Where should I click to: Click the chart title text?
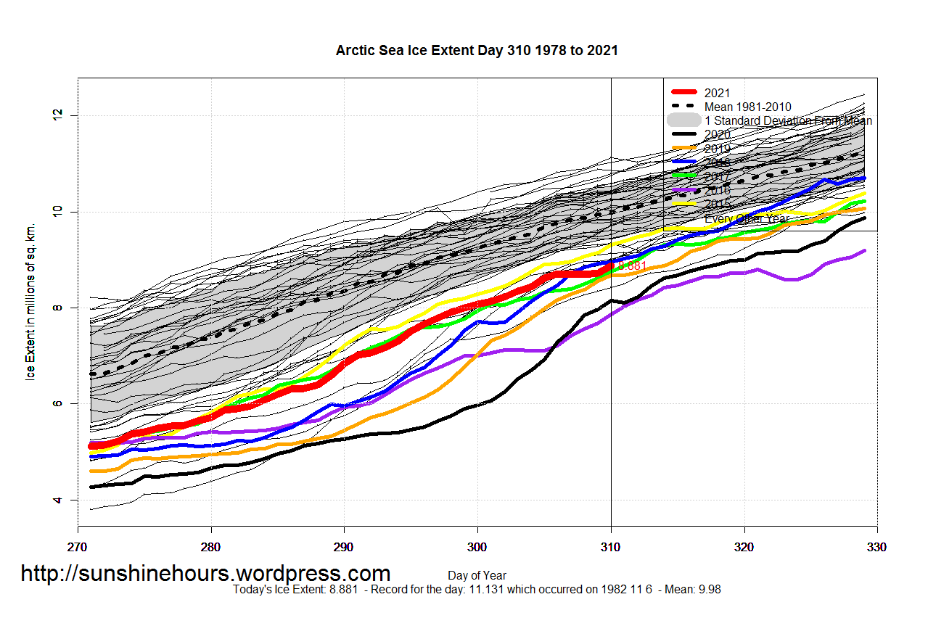[477, 50]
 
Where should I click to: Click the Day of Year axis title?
[477, 576]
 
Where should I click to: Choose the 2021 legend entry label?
[717, 93]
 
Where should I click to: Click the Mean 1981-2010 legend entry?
[747, 107]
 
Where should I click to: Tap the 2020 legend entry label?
[717, 134]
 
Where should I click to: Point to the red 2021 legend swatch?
[684, 92]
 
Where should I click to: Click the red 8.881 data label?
[632, 266]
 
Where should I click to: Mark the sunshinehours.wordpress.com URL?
[205, 574]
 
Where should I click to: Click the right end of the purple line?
[864, 250]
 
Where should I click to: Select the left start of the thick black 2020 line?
[91, 487]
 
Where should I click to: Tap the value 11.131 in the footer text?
[490, 590]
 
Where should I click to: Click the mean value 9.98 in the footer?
[709, 590]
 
